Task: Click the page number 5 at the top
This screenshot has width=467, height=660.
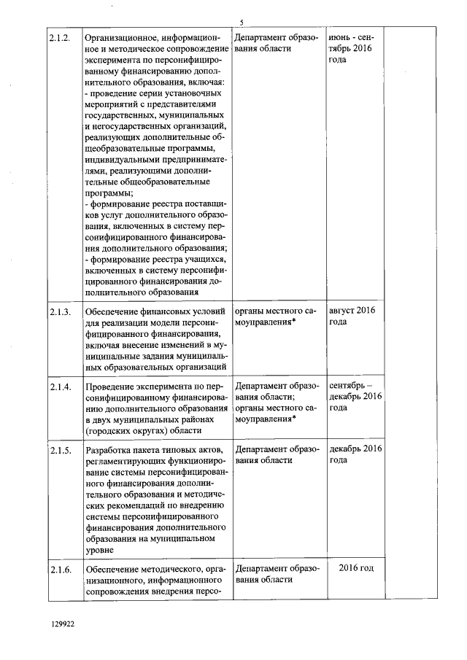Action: pyautogui.click(x=242, y=22)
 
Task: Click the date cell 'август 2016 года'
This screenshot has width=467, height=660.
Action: pyautogui.click(x=352, y=317)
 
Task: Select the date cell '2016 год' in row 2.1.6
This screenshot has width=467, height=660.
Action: pyautogui.click(x=356, y=569)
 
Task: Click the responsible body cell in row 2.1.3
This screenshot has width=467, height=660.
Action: pyautogui.click(x=277, y=317)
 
